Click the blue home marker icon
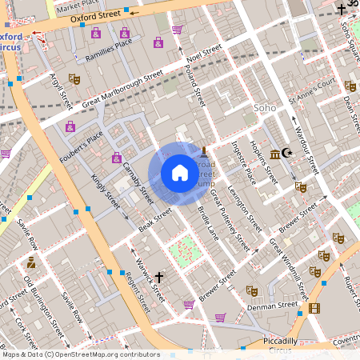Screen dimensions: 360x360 coord(179,173)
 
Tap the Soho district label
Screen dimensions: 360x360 coord(263,107)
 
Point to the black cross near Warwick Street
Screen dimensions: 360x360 coord(158,278)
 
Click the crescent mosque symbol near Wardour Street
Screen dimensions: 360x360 coord(289,154)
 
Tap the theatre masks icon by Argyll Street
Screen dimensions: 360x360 coord(74,78)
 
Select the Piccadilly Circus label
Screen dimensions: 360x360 coord(279,345)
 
